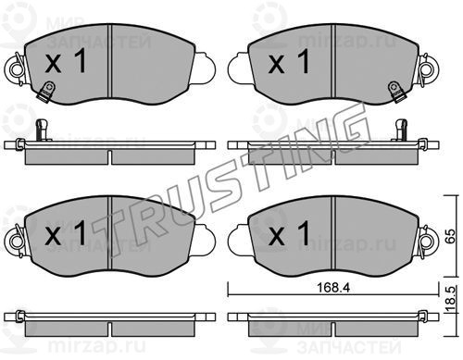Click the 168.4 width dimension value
[333, 288]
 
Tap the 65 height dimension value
[450, 236]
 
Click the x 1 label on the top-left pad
[66, 61]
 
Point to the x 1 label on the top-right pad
[289, 61]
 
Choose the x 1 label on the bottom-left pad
[66, 233]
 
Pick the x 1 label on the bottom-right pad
[289, 233]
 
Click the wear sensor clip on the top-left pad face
[45, 91]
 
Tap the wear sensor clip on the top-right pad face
[395, 91]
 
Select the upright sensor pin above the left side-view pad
[42, 129]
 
